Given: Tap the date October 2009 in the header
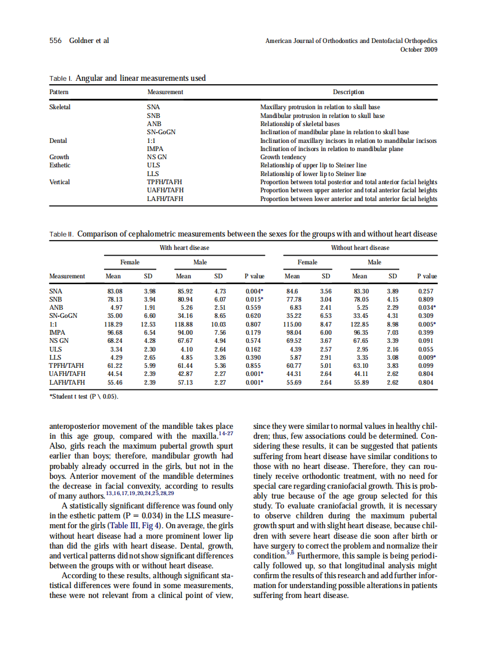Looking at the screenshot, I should [419, 49].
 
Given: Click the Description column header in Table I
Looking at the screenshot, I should [348, 92].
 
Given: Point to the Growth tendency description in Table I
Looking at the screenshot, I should [283, 157].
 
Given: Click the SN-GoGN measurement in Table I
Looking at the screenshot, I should [162, 132].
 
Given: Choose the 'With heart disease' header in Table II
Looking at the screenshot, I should [184, 248].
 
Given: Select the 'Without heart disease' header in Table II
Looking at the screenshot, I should [360, 248].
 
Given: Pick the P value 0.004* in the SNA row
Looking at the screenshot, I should [255, 291].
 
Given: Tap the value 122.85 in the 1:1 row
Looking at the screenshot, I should [360, 324].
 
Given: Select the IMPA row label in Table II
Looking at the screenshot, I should [57, 332].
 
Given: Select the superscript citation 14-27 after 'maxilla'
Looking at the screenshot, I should [225, 433].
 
